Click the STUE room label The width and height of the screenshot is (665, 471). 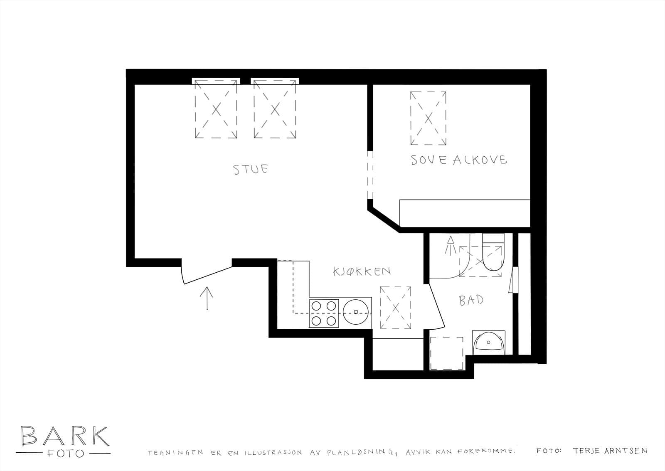click(x=251, y=169)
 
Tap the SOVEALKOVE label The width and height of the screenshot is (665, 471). click(x=459, y=160)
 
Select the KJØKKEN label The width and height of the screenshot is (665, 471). click(x=362, y=271)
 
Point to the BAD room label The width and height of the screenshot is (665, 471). click(x=471, y=301)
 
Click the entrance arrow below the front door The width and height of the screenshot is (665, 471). click(x=206, y=298)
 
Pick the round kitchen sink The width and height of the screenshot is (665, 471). click(x=356, y=312)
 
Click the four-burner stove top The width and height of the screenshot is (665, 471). click(x=324, y=313)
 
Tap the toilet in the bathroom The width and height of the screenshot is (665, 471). click(x=493, y=252)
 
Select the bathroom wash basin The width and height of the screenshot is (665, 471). click(x=488, y=343)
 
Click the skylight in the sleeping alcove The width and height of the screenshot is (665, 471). click(x=428, y=118)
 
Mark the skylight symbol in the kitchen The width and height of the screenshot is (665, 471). click(x=395, y=308)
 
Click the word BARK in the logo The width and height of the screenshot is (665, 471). click(x=65, y=436)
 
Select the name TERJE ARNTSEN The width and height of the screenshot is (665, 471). click(x=610, y=451)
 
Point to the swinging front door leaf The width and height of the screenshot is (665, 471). click(x=208, y=275)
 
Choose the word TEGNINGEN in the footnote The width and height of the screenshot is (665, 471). click(x=175, y=453)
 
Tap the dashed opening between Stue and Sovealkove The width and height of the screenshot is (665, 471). click(x=370, y=175)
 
